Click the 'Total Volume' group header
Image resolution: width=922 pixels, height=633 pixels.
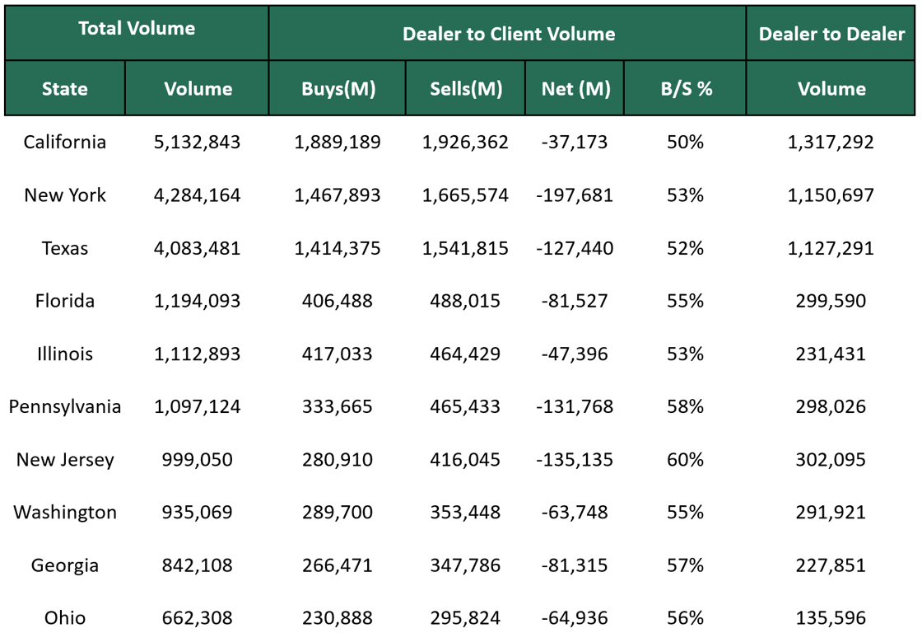pos(137,29)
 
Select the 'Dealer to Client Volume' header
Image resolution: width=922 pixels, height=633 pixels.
pos(508,34)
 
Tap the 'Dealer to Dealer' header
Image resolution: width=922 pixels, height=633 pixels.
pos(831,34)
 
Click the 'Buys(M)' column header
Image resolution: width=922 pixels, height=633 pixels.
pos(338,89)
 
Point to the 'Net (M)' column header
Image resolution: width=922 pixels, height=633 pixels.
pos(575,89)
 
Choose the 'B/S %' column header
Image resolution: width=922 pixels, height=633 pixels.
pos(685,89)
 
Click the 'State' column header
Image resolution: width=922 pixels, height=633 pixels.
pos(65,89)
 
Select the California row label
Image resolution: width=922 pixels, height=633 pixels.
pos(65,142)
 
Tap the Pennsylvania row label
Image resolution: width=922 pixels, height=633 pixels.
pos(65,406)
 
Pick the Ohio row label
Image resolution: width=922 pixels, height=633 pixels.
pos(65,618)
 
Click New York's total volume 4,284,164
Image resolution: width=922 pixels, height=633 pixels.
pos(198,195)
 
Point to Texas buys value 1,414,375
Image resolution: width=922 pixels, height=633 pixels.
pos(338,248)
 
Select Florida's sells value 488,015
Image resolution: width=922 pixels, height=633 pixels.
pos(465,301)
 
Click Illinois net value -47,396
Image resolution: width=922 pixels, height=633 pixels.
pos(575,354)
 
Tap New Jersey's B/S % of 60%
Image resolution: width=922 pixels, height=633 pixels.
pos(685,459)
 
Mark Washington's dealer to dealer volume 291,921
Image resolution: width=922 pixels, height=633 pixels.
pos(831,512)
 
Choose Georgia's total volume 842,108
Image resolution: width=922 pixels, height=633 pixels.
pos(198,565)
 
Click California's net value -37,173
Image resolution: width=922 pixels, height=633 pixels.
pos(575,142)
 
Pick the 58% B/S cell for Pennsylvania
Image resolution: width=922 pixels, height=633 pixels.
pos(685,406)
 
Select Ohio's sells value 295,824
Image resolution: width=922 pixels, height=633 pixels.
pos(465,618)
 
